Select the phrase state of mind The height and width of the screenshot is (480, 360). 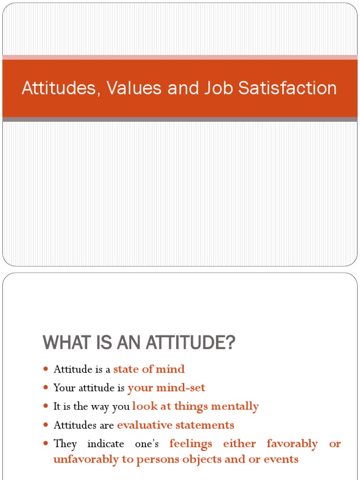tap(149, 369)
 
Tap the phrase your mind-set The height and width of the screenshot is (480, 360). tap(166, 388)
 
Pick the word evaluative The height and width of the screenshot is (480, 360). tap(145, 425)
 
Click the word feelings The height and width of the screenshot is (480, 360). tap(191, 443)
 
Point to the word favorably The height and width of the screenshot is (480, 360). tap(292, 443)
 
